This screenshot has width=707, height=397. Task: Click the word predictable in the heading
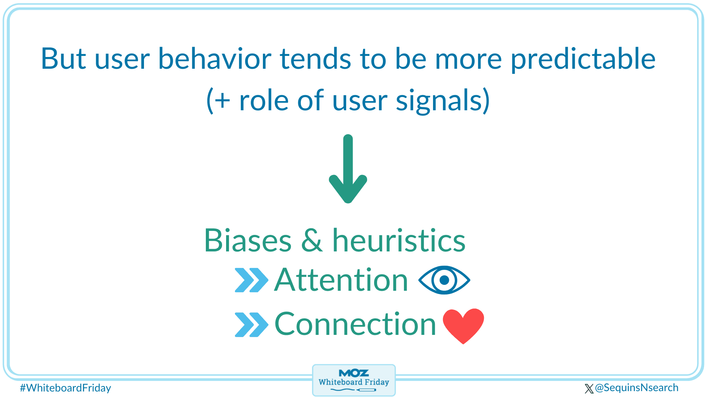pyautogui.click(x=583, y=60)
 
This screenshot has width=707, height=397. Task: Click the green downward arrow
pyautogui.click(x=348, y=169)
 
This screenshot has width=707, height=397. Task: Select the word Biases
pyautogui.click(x=248, y=240)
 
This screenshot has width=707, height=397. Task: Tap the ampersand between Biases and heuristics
pyautogui.click(x=312, y=240)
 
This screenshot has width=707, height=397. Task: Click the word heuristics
pyautogui.click(x=399, y=240)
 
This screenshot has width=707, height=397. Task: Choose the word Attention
pyautogui.click(x=341, y=280)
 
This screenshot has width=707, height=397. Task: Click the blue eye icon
pyautogui.click(x=444, y=280)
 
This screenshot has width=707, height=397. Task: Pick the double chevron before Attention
pyautogui.click(x=252, y=280)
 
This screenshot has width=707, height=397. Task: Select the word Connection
pyautogui.click(x=355, y=324)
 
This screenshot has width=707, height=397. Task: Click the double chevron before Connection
pyautogui.click(x=252, y=324)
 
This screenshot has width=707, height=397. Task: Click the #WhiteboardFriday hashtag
pyautogui.click(x=66, y=388)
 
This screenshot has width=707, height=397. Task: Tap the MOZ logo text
pyautogui.click(x=353, y=373)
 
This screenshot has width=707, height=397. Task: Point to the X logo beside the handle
pyautogui.click(x=589, y=389)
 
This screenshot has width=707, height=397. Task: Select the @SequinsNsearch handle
pyautogui.click(x=637, y=388)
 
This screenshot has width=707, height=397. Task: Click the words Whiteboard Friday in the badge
pyautogui.click(x=353, y=382)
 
